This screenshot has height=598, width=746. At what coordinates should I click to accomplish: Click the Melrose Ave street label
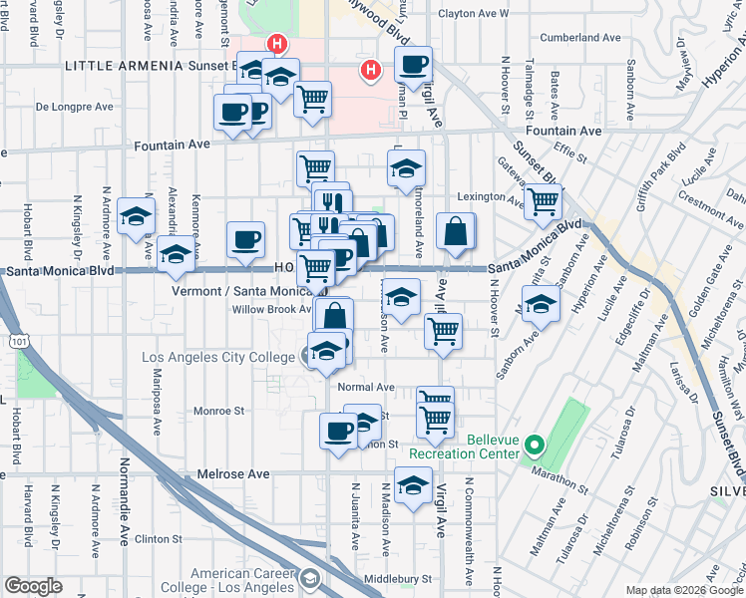pyautogui.click(x=234, y=474)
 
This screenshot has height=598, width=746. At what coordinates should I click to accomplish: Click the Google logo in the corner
pyautogui.click(x=34, y=586)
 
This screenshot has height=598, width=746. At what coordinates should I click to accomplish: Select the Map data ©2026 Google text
pyautogui.click(x=683, y=590)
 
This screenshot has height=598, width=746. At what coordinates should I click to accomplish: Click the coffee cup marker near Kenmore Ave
pyautogui.click(x=245, y=239)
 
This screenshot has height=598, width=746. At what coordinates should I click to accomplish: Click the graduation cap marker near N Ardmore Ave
pyautogui.click(x=136, y=216)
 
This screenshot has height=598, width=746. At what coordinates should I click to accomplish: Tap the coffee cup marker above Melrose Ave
pyautogui.click(x=338, y=431)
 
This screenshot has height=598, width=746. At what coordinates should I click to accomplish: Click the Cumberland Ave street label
pyautogui.click(x=580, y=38)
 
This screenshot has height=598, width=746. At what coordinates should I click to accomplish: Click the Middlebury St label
pyautogui.click(x=396, y=578)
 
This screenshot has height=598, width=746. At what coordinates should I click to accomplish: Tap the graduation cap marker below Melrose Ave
pyautogui.click(x=413, y=486)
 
